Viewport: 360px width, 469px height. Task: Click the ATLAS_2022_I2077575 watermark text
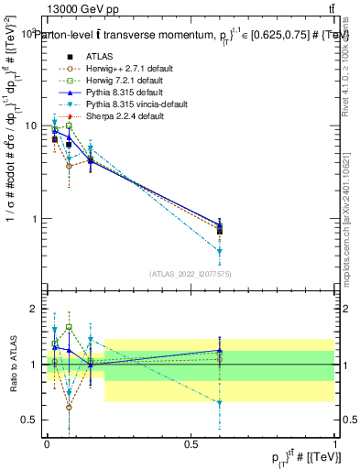coord(191,274)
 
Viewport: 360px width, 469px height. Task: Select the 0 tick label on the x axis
coord(46,443)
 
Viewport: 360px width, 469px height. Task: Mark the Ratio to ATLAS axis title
coord(12,363)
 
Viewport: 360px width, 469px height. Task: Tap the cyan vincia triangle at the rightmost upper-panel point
coord(220,251)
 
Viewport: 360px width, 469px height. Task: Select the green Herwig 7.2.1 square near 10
coord(70,125)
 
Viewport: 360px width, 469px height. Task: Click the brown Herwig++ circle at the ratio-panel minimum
coord(70,407)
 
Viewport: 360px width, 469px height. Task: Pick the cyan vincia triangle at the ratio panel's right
coord(220,403)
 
